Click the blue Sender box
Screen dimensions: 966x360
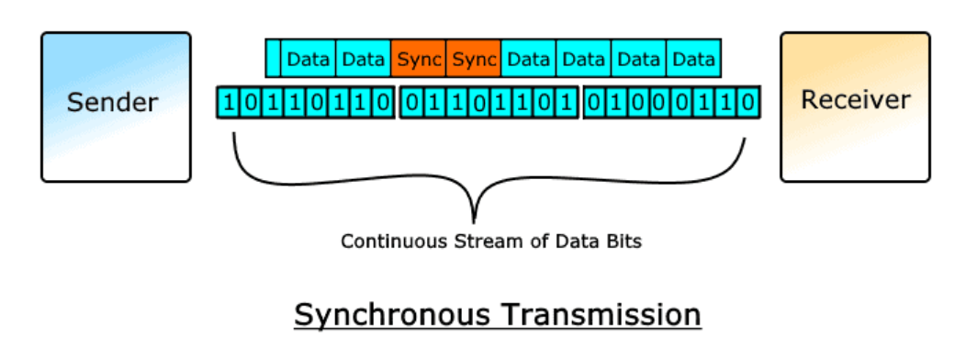116,107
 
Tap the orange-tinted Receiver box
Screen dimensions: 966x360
855,107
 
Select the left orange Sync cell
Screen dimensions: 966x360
419,59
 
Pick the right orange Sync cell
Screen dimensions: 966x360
473,59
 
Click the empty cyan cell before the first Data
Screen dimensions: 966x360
273,59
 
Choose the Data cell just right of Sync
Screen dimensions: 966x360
529,59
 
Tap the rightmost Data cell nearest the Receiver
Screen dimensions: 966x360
693,59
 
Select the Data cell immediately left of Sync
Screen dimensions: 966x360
364,59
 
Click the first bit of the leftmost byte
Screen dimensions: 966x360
229,102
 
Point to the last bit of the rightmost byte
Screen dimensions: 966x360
747,102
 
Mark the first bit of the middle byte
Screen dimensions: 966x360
411,102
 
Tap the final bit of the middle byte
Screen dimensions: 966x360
566,102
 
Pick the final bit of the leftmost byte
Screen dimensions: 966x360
383,102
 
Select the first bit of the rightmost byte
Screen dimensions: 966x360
594,102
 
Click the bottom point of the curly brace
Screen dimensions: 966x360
473,222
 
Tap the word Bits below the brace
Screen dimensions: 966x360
622,241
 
